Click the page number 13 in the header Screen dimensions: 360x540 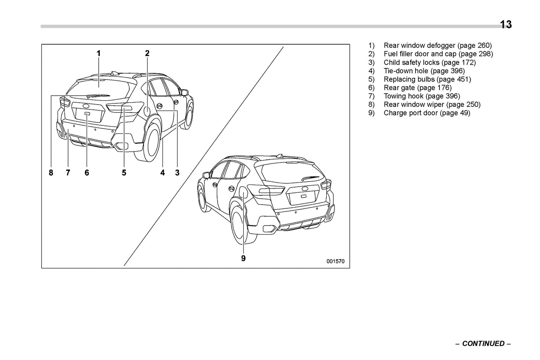(x=506, y=25)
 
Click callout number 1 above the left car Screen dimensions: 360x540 (x=99, y=53)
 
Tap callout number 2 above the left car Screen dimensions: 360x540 (x=147, y=53)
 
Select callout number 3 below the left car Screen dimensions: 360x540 (x=177, y=173)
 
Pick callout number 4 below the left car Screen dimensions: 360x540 (x=163, y=173)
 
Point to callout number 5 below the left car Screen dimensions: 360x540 (x=124, y=173)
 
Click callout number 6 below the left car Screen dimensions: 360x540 (x=87, y=173)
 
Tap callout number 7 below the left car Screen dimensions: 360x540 (x=68, y=173)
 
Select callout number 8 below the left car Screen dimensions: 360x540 (x=51, y=173)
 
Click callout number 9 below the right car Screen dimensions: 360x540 (x=243, y=258)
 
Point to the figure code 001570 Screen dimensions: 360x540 (x=335, y=261)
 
